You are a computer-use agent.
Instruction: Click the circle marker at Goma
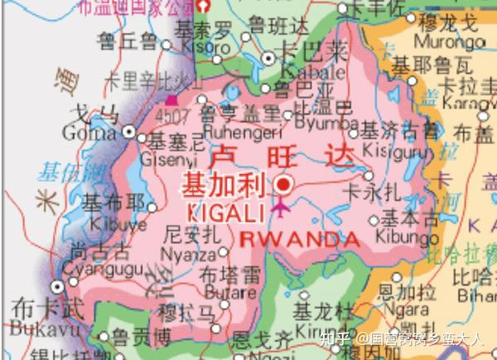pyautogui.click(x=129, y=131)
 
